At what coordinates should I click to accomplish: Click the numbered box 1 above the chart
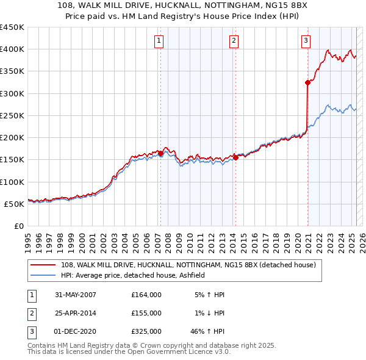pyautogui.click(x=159, y=41)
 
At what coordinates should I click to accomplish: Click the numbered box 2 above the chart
pyautogui.click(x=234, y=41)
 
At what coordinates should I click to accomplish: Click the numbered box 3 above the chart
pyautogui.click(x=306, y=41)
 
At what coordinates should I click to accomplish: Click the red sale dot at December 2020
pyautogui.click(x=307, y=83)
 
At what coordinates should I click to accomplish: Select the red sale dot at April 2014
pyautogui.click(x=235, y=157)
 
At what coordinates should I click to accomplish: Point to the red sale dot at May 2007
pyautogui.click(x=161, y=154)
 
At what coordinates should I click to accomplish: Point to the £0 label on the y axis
pyautogui.click(x=20, y=226)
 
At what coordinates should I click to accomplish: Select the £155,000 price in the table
pyautogui.click(x=146, y=313)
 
